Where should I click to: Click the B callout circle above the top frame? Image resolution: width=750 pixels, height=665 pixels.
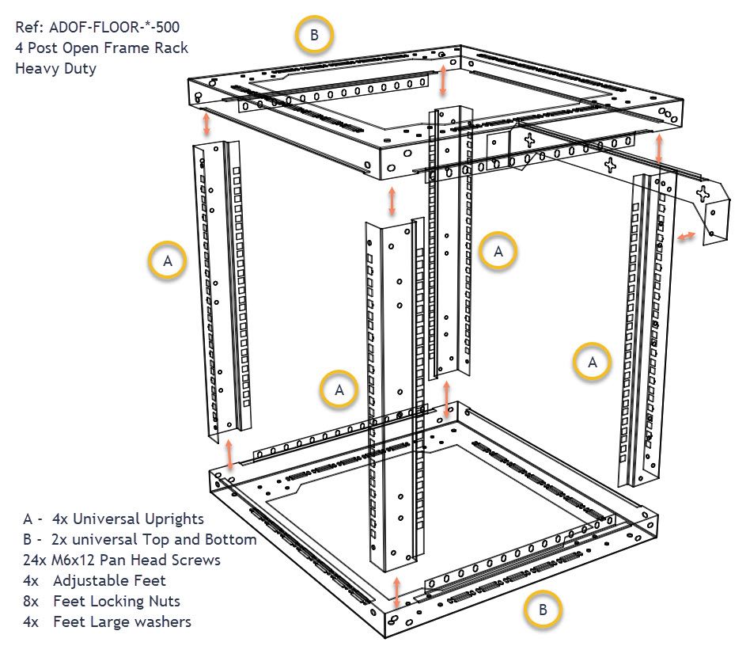pos(314,36)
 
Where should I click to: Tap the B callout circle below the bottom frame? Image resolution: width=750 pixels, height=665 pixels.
pos(542,610)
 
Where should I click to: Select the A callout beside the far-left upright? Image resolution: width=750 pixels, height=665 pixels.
pos(169,260)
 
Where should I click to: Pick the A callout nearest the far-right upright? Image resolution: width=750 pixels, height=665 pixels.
pos(592,362)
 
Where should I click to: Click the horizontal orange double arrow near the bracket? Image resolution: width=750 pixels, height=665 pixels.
pos(686,235)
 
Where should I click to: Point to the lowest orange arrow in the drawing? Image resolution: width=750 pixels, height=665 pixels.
pos(396,591)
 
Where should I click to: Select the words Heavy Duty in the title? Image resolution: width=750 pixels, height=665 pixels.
pos(55,68)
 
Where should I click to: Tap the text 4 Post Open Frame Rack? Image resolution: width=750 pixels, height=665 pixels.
pos(101,47)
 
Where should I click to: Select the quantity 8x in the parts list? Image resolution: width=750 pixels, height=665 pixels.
pos(31,602)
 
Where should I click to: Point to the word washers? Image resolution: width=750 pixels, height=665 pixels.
pos(162,622)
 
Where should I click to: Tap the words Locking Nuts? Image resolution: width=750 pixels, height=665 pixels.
pos(134,602)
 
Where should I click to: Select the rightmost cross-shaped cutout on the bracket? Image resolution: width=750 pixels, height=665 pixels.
pos(703,192)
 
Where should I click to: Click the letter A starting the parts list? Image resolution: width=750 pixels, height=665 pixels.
pos(28,519)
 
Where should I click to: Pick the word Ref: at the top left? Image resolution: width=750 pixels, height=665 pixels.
pos(29,28)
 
